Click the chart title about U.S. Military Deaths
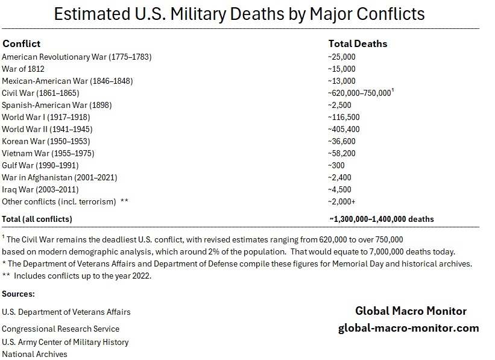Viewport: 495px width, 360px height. tap(239, 14)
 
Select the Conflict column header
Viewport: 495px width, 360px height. tap(21, 43)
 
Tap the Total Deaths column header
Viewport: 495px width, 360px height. tap(358, 43)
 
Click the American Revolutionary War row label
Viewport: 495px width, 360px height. tap(77, 57)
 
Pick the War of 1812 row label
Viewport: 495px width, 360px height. tap(23, 69)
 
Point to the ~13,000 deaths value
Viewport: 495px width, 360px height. tap(342, 81)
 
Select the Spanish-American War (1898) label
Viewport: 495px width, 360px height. tap(65, 105)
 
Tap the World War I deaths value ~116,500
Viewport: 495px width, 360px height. tap(344, 117)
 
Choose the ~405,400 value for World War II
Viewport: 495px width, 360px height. tap(344, 129)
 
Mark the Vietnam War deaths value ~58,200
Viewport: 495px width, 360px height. tap(342, 153)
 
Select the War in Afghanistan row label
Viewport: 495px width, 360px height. tap(60, 177)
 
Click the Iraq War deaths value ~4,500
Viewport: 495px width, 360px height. tap(340, 189)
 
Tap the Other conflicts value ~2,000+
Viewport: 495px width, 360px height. tap(342, 201)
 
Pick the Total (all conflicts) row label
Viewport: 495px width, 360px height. tap(37, 219)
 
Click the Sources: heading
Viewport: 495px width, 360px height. tap(18, 294)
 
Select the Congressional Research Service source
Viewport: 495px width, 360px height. tap(60, 329)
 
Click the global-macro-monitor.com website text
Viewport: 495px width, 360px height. tap(408, 328)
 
